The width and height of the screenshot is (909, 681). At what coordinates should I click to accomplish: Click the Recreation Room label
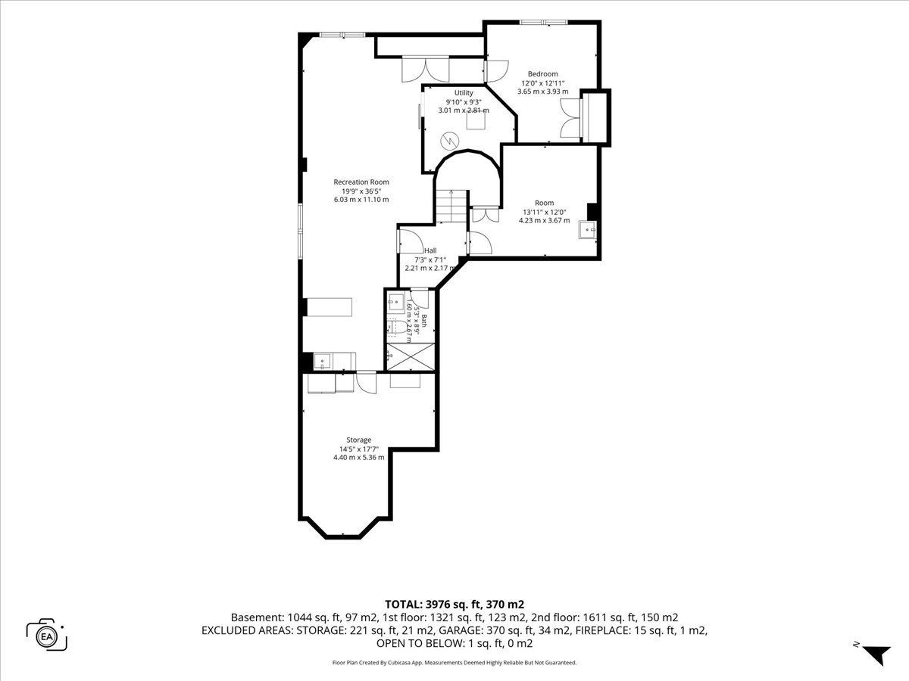click(361, 182)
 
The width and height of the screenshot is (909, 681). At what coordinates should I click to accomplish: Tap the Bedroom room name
click(542, 74)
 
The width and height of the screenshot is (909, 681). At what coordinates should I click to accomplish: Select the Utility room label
click(464, 93)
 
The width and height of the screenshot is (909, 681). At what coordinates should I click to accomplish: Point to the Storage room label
click(358, 440)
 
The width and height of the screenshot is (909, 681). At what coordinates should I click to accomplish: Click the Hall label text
click(430, 250)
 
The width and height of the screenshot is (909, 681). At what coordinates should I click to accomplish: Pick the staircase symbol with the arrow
click(451, 207)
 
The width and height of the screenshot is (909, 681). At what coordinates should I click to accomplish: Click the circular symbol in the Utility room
click(450, 141)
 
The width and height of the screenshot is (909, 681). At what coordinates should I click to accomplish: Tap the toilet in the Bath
click(398, 328)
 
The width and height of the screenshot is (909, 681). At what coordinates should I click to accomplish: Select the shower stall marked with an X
click(411, 357)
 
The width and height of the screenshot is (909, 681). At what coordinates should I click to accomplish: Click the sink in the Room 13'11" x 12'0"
click(587, 230)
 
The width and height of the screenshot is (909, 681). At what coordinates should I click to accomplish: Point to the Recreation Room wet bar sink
click(323, 362)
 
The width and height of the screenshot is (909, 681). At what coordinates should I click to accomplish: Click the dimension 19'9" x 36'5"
click(361, 191)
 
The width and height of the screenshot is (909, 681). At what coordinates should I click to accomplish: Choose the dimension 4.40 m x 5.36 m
click(358, 457)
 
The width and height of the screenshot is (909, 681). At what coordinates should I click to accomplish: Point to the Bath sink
click(396, 301)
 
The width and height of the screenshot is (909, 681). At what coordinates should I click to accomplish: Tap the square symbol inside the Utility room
click(476, 121)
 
